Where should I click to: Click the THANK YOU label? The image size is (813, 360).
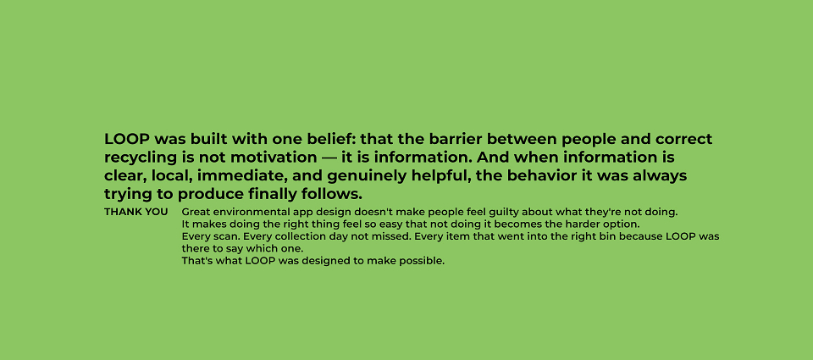[x=135, y=212]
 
